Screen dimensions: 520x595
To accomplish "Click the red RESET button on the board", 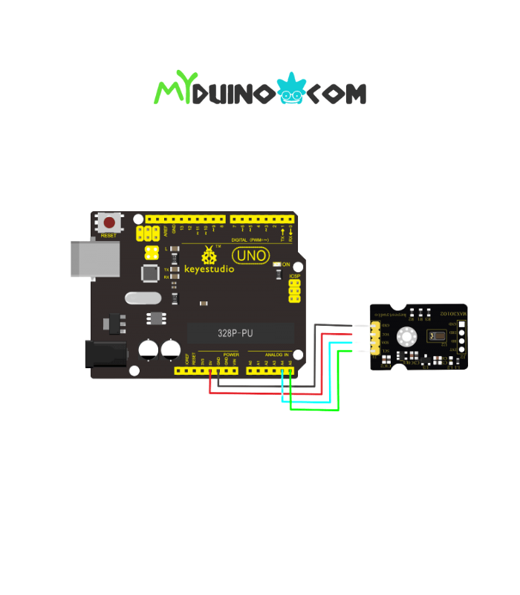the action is click(110, 222).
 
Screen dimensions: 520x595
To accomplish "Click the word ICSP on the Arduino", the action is click(294, 275).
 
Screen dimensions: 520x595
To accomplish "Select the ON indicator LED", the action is click(277, 264).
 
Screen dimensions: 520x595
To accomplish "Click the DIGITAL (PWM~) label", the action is click(249, 239).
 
